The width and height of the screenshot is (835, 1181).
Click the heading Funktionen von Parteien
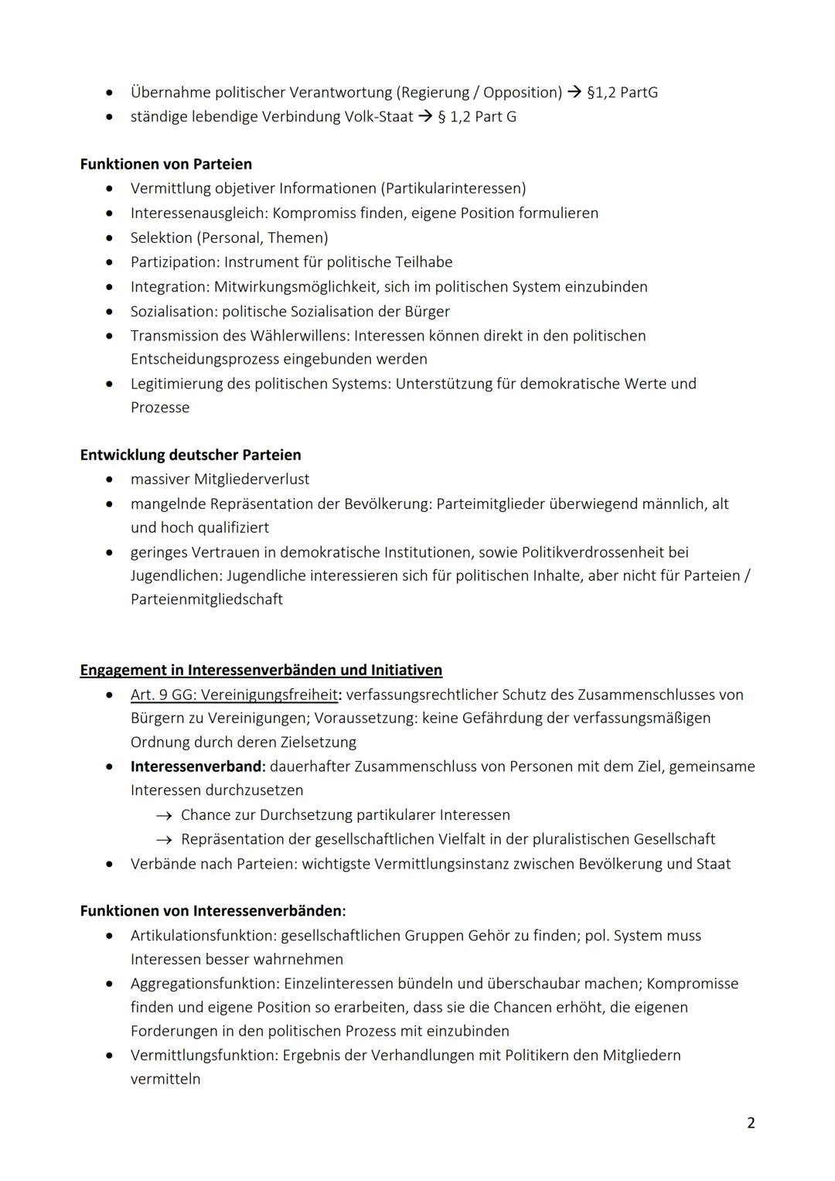(x=165, y=164)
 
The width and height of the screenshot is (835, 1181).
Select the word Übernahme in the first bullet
(x=170, y=92)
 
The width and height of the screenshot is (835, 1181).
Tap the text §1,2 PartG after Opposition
(x=622, y=92)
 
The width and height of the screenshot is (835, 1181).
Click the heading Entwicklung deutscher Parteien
(x=190, y=455)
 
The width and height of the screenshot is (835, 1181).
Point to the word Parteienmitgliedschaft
(x=206, y=599)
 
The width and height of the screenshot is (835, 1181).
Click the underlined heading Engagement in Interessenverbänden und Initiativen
(x=261, y=670)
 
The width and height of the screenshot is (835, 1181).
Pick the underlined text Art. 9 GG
(x=161, y=695)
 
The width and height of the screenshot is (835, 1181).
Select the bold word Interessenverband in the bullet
(x=196, y=766)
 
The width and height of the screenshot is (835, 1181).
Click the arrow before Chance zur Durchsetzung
(x=162, y=815)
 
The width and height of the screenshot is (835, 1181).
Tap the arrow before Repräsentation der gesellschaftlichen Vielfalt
(x=162, y=840)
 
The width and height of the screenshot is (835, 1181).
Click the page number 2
(x=751, y=1123)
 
